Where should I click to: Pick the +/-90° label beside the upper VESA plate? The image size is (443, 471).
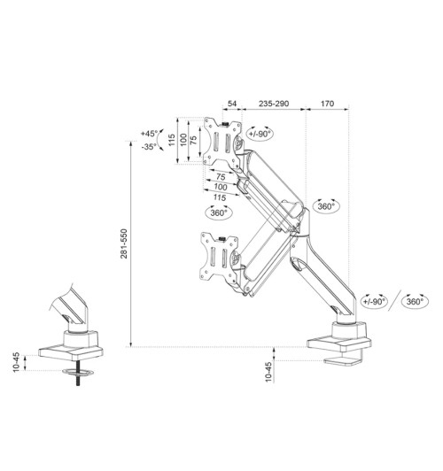click(x=260, y=134)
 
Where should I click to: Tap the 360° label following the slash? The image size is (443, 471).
click(x=415, y=301)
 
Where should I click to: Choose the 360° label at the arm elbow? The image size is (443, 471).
click(x=326, y=205)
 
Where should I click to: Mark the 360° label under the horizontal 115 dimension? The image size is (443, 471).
click(x=219, y=212)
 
